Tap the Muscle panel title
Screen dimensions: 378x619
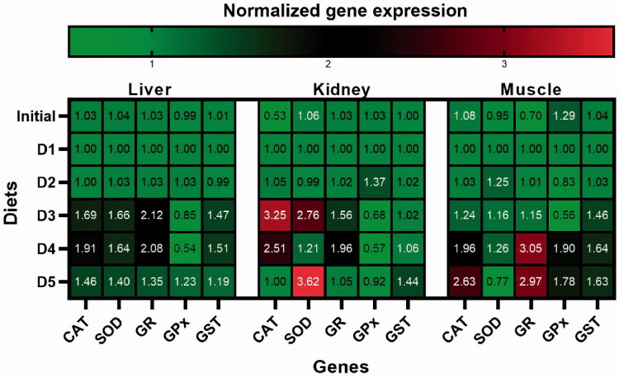[x=530, y=89]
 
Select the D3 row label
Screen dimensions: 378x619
[x=44, y=215]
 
